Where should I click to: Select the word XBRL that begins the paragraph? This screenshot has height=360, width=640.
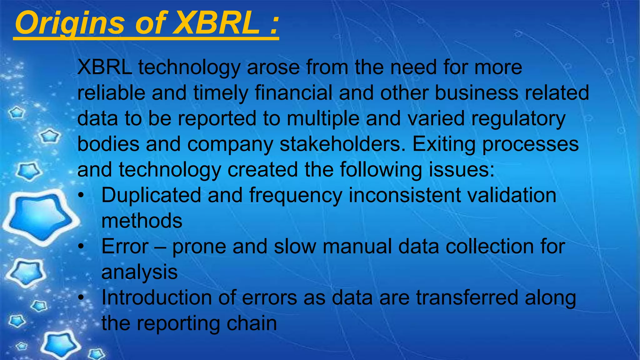tap(104, 67)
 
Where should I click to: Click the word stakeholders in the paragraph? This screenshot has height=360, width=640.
tap(342, 144)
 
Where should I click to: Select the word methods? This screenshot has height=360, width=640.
tap(142, 221)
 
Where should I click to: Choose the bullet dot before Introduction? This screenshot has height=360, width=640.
tap(81, 298)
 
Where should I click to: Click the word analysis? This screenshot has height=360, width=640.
tap(139, 272)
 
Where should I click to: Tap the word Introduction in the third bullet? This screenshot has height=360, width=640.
tap(157, 297)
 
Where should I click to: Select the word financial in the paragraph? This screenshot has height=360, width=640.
tap(293, 93)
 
